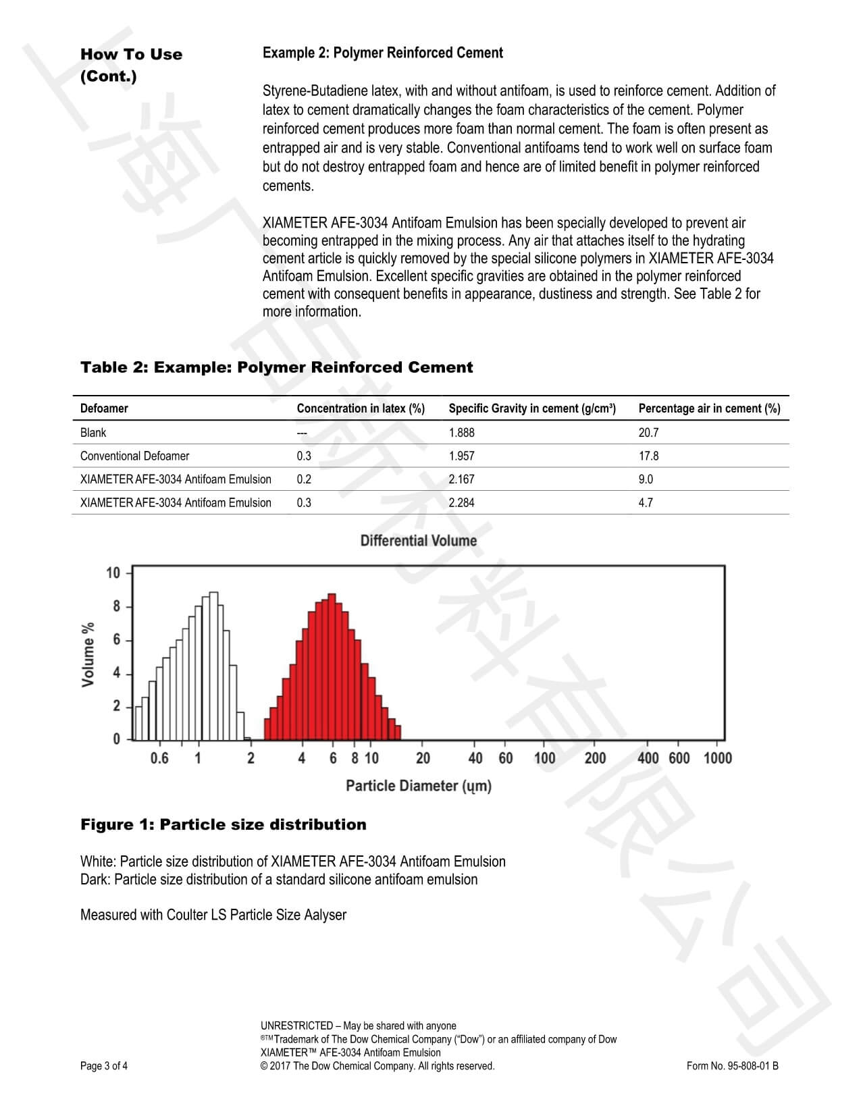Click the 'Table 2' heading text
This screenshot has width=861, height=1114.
(x=276, y=367)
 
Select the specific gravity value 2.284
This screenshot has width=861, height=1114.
(x=461, y=502)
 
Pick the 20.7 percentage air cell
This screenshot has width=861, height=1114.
(x=648, y=432)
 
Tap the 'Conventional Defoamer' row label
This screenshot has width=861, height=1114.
(x=134, y=456)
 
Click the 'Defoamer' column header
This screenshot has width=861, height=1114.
(x=104, y=408)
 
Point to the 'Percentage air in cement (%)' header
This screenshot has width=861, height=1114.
(x=709, y=408)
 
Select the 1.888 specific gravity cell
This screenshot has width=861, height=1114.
(x=461, y=432)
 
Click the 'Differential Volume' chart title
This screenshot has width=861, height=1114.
(x=418, y=541)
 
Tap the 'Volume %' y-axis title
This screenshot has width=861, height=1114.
(x=88, y=655)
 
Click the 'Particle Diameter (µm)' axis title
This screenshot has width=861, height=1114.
(x=418, y=786)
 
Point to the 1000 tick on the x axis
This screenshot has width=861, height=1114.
(x=717, y=758)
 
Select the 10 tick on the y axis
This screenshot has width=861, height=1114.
(x=113, y=573)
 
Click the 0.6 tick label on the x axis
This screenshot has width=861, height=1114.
(x=159, y=758)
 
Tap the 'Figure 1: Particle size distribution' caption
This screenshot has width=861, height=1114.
(x=223, y=824)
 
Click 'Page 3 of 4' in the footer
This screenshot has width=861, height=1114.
(x=104, y=1066)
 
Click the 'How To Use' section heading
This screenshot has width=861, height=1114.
(x=131, y=55)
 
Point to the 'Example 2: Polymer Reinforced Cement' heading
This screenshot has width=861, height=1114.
(x=382, y=53)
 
